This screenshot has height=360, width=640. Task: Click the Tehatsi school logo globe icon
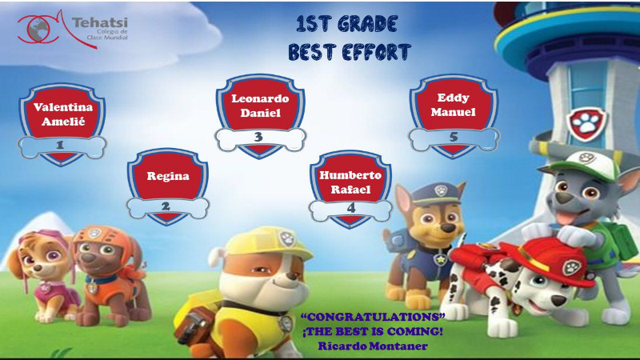(x=39, y=30)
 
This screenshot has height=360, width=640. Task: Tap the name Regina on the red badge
(x=168, y=176)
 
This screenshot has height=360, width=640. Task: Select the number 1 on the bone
(x=60, y=145)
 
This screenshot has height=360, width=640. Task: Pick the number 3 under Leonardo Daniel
(x=258, y=137)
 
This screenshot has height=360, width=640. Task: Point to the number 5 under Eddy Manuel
(x=454, y=137)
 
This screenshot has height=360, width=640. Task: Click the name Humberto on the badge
(x=350, y=175)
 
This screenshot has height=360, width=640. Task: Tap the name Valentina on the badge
(x=63, y=107)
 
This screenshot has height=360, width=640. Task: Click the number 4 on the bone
(x=351, y=208)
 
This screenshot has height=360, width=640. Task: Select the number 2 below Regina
(x=166, y=206)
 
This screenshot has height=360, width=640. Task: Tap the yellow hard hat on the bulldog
(x=265, y=243)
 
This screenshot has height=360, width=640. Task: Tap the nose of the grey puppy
(x=564, y=198)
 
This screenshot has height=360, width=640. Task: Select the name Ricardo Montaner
(x=373, y=346)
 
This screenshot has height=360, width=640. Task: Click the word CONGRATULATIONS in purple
(x=373, y=317)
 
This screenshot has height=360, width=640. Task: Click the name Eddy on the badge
(x=453, y=98)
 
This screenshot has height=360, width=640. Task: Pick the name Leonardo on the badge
(x=260, y=98)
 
